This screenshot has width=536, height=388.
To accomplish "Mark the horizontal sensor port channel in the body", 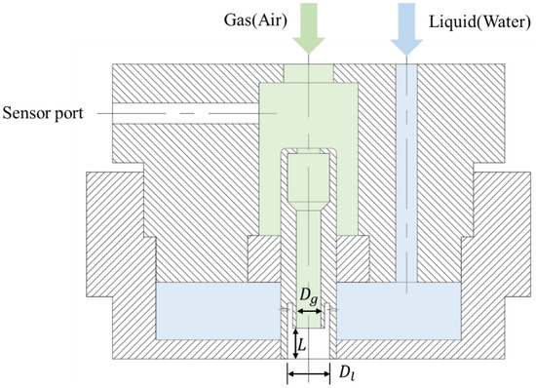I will [185, 113].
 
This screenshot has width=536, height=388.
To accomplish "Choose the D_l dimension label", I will [348, 371].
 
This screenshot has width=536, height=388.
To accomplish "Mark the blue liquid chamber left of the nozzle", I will [219, 312].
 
